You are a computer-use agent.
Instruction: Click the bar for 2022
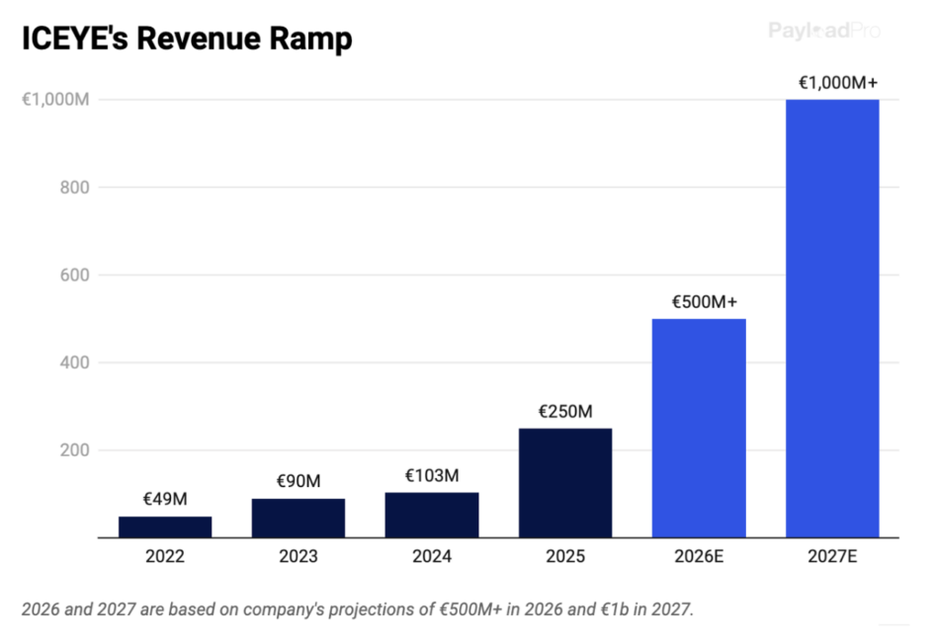(165, 527)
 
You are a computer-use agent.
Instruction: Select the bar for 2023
(298, 519)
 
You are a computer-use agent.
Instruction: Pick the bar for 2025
(565, 483)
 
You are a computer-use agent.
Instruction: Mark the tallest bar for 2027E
(832, 319)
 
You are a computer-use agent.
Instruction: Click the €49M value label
(165, 499)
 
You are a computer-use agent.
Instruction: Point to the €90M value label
(298, 481)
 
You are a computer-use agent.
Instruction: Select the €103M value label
(432, 475)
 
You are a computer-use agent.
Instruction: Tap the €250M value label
(565, 411)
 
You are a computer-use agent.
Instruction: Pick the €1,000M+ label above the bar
(838, 82)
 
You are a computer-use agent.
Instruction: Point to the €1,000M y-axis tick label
(57, 100)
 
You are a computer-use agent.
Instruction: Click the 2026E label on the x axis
(699, 557)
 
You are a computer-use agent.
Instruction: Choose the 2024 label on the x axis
(432, 557)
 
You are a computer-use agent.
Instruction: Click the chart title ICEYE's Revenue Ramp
(187, 40)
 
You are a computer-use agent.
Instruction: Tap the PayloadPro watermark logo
(824, 31)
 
